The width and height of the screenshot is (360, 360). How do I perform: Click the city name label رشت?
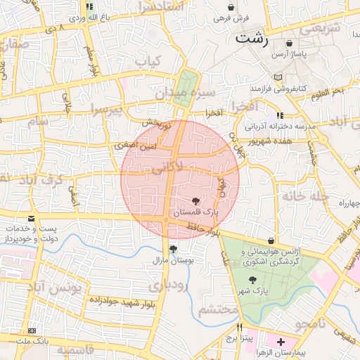coord(252,37)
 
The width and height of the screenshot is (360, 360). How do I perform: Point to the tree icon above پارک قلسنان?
coord(196,201)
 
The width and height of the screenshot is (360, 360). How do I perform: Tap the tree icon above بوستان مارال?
coord(173,248)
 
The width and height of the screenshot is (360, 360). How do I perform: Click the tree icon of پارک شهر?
coord(252,280)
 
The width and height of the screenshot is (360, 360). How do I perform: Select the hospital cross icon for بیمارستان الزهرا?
coord(281,341)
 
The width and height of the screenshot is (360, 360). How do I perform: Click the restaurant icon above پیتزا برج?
coord(240,327)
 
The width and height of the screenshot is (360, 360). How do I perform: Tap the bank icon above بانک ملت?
coord(32,330)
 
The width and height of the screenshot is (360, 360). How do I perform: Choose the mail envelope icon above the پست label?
coord(31,219)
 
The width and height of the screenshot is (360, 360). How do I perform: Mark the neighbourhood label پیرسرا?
coord(106,109)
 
